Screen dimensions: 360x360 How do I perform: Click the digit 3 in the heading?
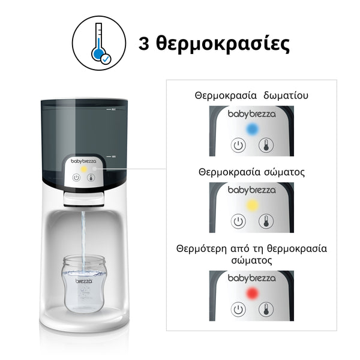[x=145, y=44]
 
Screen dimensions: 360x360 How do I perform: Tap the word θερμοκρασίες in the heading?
[x=223, y=44]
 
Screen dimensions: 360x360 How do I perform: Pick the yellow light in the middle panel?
[x=252, y=205]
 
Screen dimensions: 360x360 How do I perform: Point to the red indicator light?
[x=252, y=293]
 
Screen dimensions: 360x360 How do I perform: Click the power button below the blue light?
[x=238, y=145]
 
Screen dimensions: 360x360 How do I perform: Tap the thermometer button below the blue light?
[x=265, y=145]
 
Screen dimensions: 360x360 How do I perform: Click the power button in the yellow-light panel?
[x=238, y=221]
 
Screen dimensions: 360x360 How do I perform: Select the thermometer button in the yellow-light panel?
[x=265, y=221]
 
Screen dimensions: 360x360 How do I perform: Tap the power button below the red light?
[x=238, y=310]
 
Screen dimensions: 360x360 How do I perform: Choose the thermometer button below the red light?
[x=265, y=310]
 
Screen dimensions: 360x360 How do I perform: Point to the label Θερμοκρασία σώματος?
[x=251, y=172]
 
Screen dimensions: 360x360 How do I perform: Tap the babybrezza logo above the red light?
[x=251, y=279]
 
